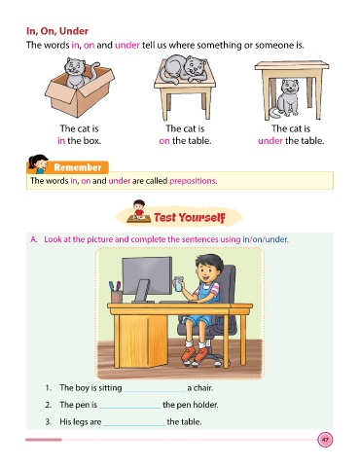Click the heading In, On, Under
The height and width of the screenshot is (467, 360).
(57, 31)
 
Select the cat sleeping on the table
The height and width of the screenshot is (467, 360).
(184, 69)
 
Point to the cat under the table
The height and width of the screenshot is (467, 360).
(286, 98)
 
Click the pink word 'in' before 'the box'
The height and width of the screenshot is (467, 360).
(61, 141)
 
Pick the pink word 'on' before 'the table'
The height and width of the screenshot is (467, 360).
(164, 141)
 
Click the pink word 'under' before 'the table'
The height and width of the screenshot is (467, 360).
(270, 141)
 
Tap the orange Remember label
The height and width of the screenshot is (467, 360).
(78, 167)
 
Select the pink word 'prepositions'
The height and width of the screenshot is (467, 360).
(193, 181)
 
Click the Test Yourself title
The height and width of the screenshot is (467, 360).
(190, 217)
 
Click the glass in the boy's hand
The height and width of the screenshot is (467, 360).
(178, 284)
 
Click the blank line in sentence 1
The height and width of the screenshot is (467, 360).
(155, 392)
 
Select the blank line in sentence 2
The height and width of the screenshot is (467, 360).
(129, 409)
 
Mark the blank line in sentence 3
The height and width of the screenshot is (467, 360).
(134, 425)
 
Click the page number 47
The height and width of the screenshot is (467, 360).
(325, 440)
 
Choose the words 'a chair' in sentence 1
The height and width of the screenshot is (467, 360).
(200, 388)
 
